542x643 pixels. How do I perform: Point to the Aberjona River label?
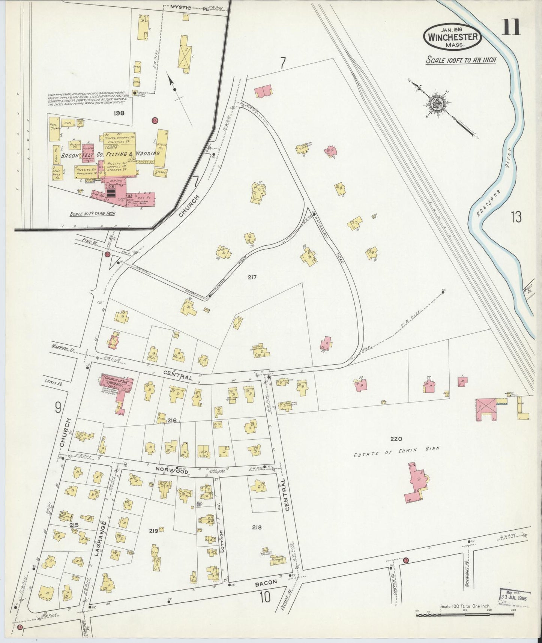coord(492,188)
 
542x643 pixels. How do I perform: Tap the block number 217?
coord(252,277)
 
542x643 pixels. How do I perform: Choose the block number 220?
coord(396,439)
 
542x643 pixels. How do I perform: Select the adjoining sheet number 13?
coord(516,217)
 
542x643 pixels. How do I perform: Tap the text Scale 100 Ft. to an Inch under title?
coord(461,60)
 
